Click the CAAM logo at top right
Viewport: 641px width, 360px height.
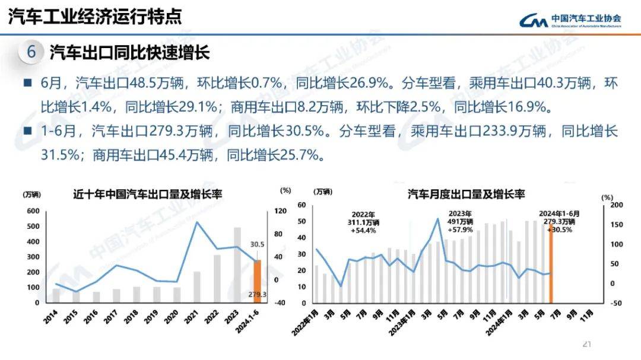click(x=570, y=21)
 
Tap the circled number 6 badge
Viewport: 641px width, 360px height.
click(x=31, y=53)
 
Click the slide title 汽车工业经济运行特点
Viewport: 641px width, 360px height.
click(x=95, y=17)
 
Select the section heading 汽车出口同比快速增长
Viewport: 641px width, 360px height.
click(x=130, y=53)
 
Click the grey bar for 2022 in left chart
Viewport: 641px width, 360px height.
click(x=217, y=279)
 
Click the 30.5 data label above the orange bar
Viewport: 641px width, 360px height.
click(x=257, y=244)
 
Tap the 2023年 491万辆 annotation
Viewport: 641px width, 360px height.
click(x=460, y=222)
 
